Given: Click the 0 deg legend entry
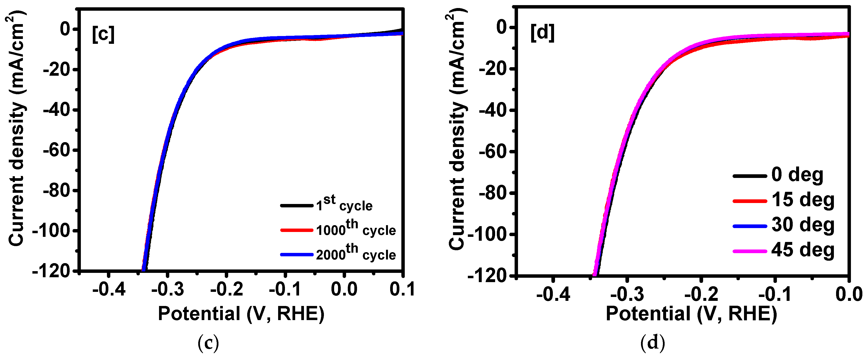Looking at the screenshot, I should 797,175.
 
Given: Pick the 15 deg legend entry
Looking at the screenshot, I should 803,200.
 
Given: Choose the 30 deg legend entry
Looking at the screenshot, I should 803,225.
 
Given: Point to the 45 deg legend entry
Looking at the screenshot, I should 803,250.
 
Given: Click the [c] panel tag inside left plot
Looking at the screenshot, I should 103,34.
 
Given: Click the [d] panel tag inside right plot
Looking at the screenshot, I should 542,33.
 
